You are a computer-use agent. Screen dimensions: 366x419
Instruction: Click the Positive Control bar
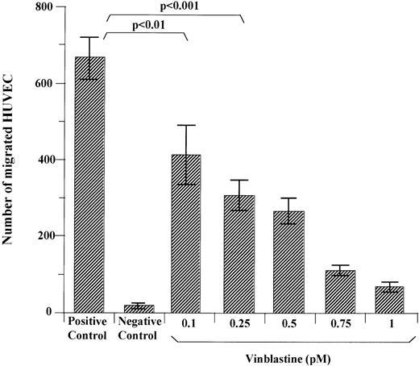[90, 185]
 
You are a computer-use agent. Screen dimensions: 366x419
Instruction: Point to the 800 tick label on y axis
[54, 8]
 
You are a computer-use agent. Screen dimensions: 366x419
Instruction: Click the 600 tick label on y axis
[54, 84]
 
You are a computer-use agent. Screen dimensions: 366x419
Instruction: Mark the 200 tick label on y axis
[54, 236]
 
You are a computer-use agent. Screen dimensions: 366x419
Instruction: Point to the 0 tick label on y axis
[60, 313]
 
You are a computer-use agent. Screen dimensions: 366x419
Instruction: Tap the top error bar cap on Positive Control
[90, 37]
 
